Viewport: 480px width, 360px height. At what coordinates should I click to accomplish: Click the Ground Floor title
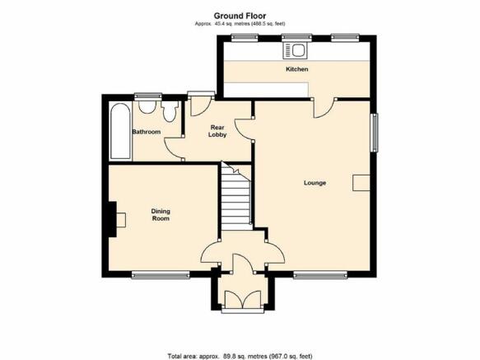pyautogui.click(x=240, y=16)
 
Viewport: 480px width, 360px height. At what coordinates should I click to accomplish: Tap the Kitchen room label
pyautogui.click(x=297, y=69)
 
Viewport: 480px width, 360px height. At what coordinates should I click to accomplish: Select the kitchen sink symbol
pyautogui.click(x=294, y=50)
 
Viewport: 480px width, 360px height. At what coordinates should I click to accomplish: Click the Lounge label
pyautogui.click(x=315, y=183)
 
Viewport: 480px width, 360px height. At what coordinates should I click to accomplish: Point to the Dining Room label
pyautogui.click(x=161, y=215)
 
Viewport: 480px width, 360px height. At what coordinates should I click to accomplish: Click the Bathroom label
pyautogui.click(x=146, y=132)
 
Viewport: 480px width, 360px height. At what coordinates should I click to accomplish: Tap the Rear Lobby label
pyautogui.click(x=217, y=131)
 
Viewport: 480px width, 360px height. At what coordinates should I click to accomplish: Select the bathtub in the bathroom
pyautogui.click(x=120, y=132)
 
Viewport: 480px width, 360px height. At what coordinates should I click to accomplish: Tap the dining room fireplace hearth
pyautogui.click(x=120, y=220)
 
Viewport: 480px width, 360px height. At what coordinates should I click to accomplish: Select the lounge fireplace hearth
pyautogui.click(x=361, y=183)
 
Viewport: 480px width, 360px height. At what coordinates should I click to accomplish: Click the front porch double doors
pyautogui.click(x=242, y=299)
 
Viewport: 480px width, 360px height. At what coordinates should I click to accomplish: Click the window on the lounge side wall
pyautogui.click(x=374, y=133)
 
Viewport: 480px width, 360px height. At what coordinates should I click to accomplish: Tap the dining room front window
pyautogui.click(x=161, y=275)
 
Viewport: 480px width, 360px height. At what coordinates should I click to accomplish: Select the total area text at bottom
pyautogui.click(x=240, y=357)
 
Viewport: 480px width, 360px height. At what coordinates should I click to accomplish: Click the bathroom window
pyautogui.click(x=148, y=96)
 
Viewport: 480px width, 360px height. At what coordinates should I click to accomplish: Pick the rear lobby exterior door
pyautogui.click(x=201, y=105)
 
